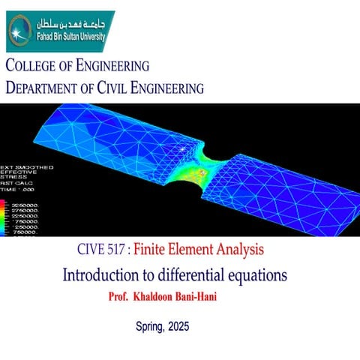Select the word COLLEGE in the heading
click(x=39, y=65)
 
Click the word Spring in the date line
click(x=151, y=327)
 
